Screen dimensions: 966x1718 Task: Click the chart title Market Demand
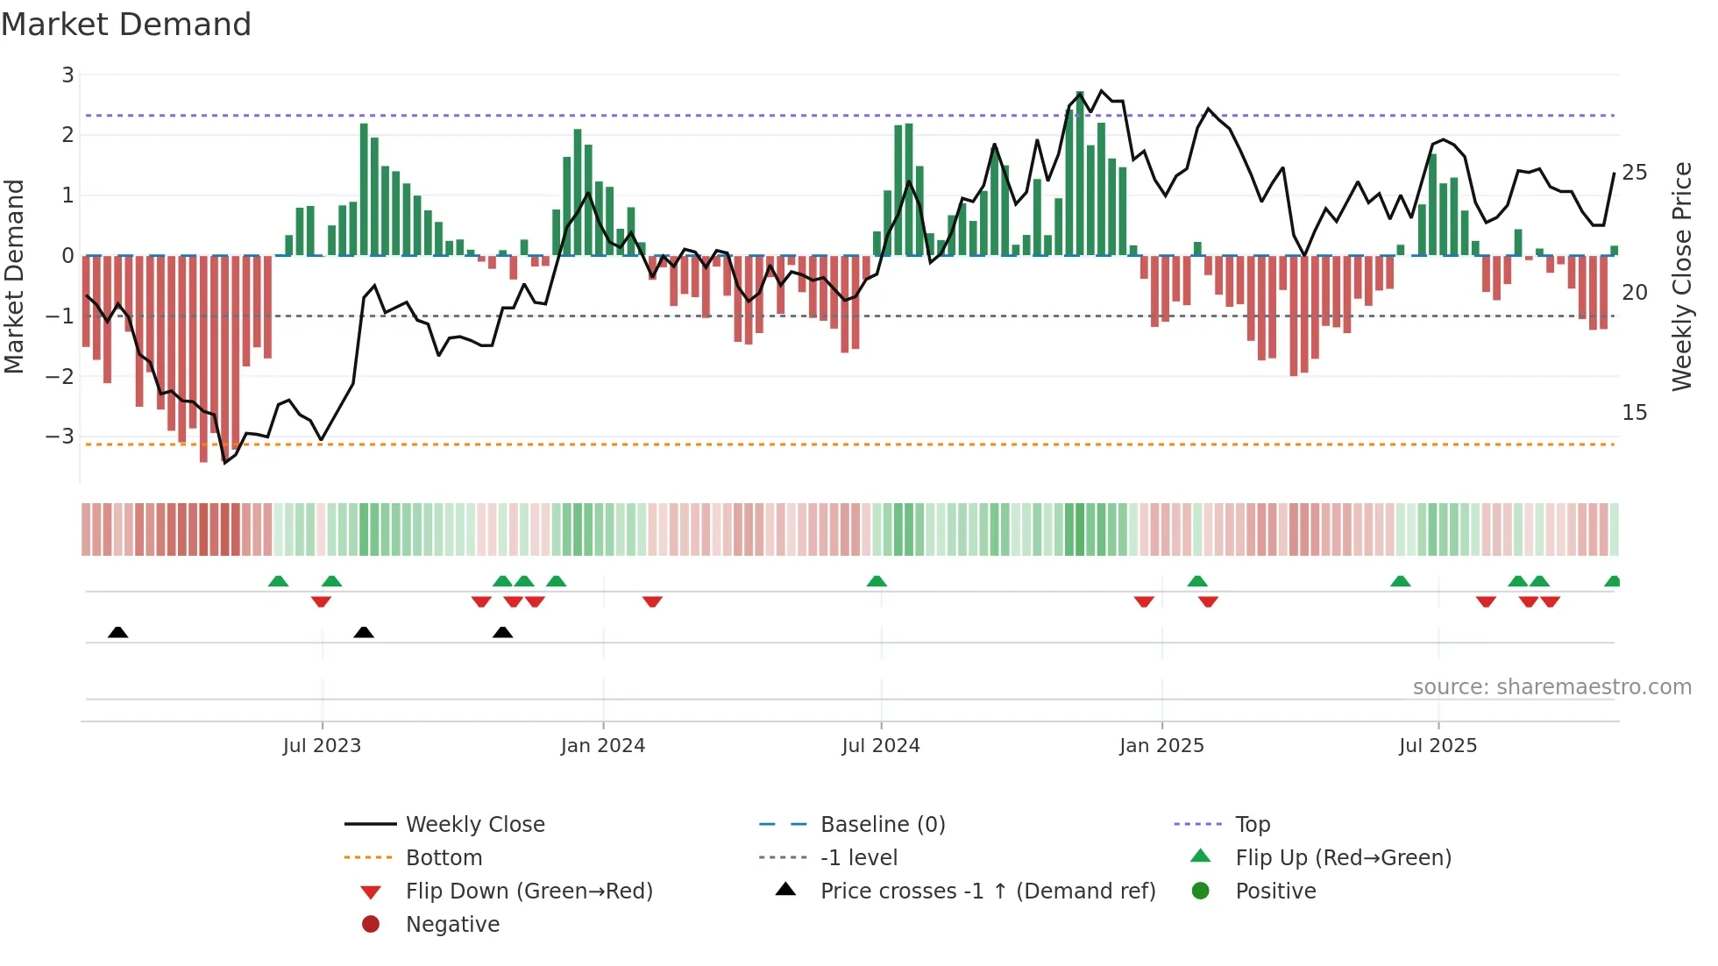click(x=126, y=25)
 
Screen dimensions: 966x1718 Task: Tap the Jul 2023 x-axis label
click(x=322, y=746)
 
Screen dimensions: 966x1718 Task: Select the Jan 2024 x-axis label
click(x=603, y=746)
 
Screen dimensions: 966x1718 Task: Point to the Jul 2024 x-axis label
click(x=881, y=746)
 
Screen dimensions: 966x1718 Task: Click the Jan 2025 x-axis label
click(x=1161, y=746)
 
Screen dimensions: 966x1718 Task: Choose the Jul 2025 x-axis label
click(x=1438, y=746)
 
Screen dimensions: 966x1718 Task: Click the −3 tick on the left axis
click(x=60, y=436)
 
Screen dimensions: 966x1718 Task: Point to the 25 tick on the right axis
click(x=1634, y=173)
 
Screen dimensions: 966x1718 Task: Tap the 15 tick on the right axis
click(x=1634, y=413)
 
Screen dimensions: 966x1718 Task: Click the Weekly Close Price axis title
click(x=1681, y=276)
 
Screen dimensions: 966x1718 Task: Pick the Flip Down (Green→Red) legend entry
click(x=529, y=891)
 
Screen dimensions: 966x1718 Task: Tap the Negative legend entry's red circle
click(x=371, y=925)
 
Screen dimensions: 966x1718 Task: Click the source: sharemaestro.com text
click(x=1551, y=687)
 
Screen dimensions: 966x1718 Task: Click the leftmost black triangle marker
click(x=118, y=632)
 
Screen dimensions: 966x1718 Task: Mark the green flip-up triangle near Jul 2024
click(x=877, y=581)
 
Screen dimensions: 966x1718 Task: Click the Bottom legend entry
click(x=444, y=858)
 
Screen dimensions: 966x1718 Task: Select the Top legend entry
click(x=1253, y=825)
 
